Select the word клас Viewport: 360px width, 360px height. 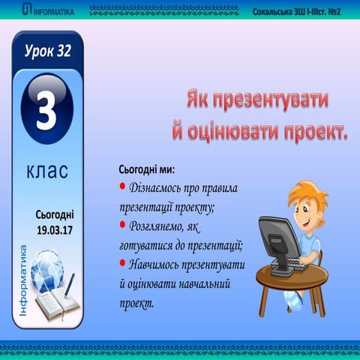tap(47, 171)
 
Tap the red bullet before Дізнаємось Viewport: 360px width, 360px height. tap(123, 186)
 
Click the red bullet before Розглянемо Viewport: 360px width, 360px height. tap(123, 224)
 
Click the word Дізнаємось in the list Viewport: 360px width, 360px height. tap(160, 187)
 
